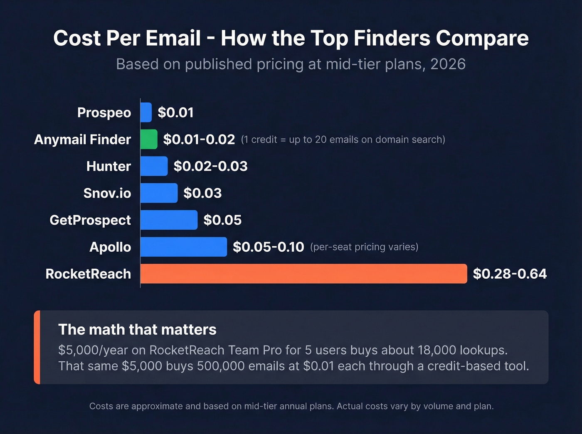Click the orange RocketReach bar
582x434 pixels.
coord(303,274)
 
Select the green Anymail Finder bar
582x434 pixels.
coord(149,139)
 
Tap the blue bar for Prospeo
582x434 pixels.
coord(146,113)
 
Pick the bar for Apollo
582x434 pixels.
coord(183,247)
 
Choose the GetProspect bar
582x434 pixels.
coord(169,220)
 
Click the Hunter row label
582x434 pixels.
coord(109,166)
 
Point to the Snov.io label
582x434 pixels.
coord(107,193)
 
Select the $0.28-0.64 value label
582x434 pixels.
coord(510,274)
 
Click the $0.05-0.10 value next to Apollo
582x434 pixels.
coord(268,247)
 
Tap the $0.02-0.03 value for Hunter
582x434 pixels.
coord(210,166)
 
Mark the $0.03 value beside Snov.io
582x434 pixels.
coord(202,193)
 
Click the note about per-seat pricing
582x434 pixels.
coord(364,247)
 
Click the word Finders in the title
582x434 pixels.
coord(392,38)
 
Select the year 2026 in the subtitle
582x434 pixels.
coord(448,64)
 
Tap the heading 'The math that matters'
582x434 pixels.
coord(137,329)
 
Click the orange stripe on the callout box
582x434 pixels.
coord(37,347)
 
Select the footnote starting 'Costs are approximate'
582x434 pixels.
coord(291,406)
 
